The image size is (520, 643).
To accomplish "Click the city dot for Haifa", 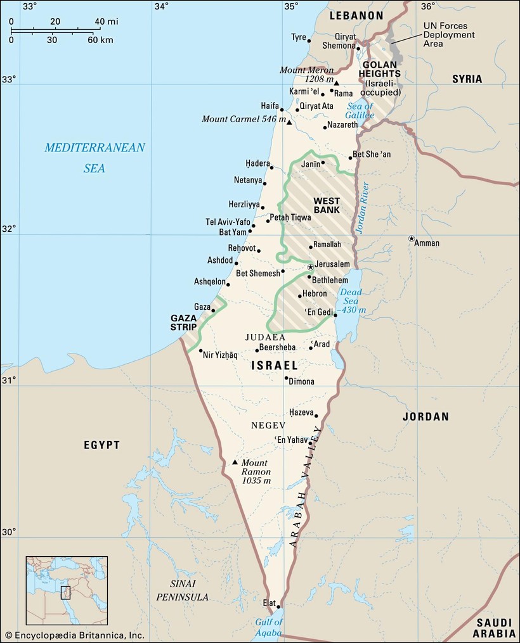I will point(282,110).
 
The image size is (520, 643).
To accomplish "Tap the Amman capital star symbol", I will point(412,239).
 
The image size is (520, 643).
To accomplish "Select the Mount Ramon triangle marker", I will point(235,462).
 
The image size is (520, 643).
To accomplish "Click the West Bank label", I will point(327,205).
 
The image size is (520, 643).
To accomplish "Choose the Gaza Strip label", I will point(184,322).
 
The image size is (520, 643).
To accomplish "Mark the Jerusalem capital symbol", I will point(311,267).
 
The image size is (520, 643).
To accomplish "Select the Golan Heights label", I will point(380,69).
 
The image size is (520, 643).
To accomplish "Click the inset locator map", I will point(67,590).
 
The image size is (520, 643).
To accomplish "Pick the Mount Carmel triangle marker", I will point(289,122).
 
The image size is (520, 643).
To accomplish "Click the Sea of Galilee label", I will point(360,111).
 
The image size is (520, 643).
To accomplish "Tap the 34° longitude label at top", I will point(162,6).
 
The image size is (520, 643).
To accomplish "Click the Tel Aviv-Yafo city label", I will point(228,222).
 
